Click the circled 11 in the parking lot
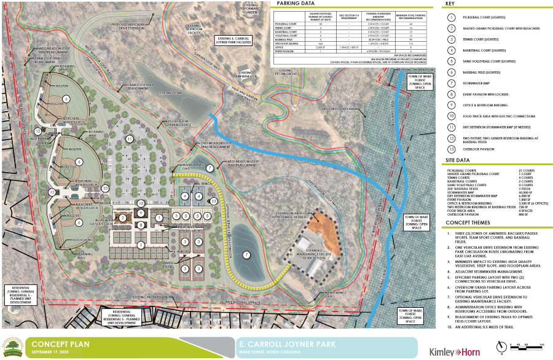[x=130, y=139]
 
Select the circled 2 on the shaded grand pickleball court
[x=122, y=217]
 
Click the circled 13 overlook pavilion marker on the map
[x=214, y=201]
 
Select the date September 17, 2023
[x=50, y=353]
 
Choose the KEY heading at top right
[x=450, y=4]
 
